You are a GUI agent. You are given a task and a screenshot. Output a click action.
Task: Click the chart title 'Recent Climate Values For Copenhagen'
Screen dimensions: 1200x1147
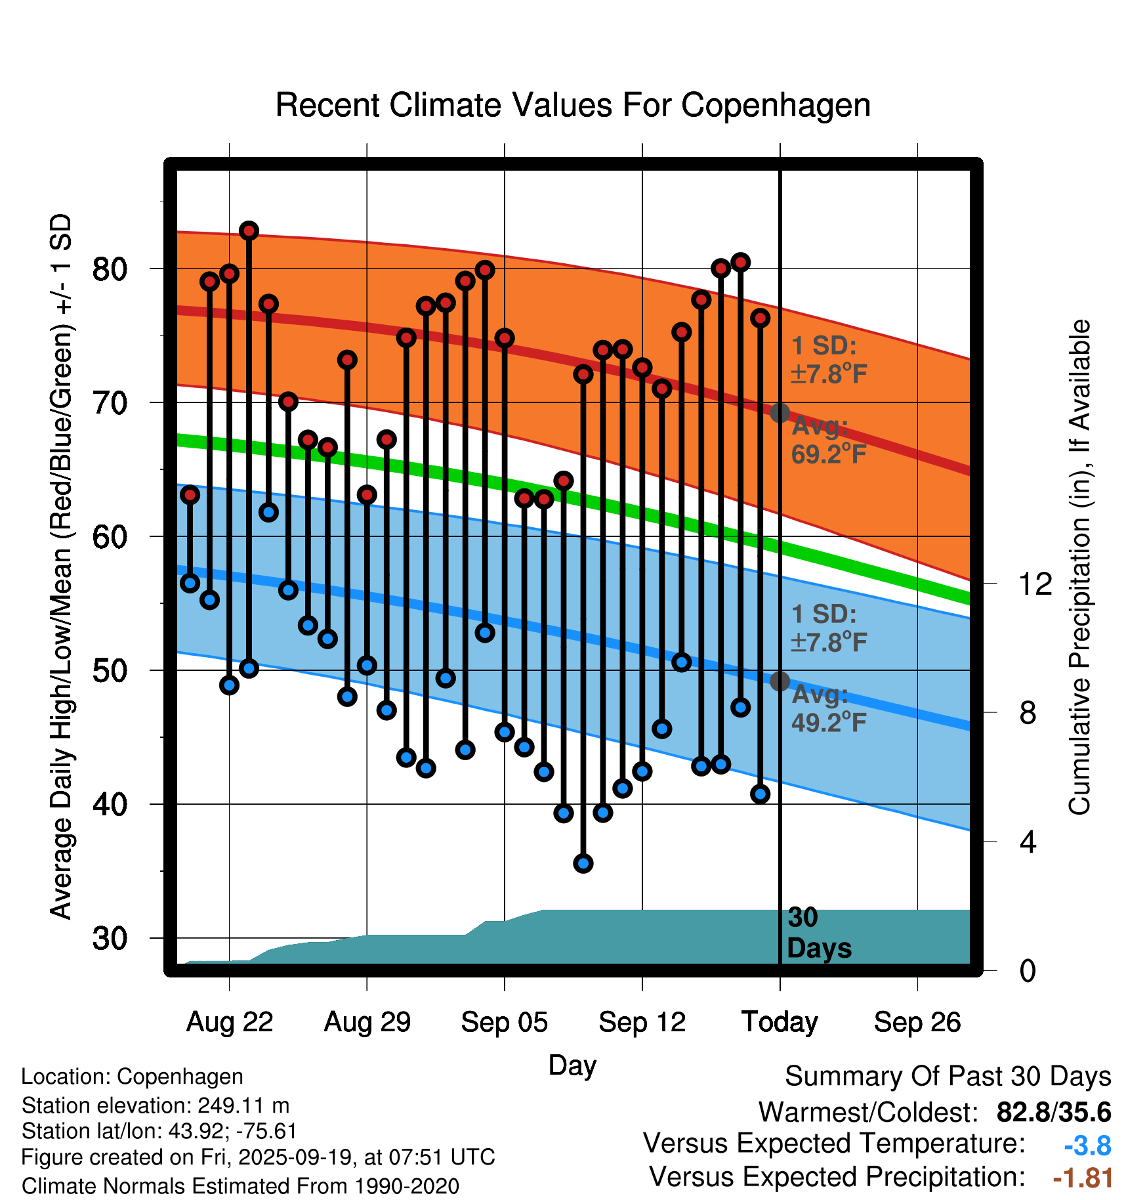pos(573,106)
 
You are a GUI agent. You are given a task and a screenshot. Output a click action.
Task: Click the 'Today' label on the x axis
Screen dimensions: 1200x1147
pos(780,1022)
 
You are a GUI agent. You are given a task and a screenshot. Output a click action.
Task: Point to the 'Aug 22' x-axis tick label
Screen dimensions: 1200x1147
pos(229,1022)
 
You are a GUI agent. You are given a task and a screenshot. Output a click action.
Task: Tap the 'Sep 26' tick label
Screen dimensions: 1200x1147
pos(917,1022)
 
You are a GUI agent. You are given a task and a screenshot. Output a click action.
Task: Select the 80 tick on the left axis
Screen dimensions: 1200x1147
pos(110,269)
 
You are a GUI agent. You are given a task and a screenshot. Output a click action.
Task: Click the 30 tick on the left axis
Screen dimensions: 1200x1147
pos(110,939)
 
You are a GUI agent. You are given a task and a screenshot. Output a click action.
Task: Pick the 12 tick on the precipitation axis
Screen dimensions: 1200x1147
pos(1035,584)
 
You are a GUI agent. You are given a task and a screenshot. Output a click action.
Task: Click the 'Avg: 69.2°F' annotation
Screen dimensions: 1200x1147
pos(828,440)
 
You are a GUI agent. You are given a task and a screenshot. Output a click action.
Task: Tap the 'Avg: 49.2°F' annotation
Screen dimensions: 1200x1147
pos(828,709)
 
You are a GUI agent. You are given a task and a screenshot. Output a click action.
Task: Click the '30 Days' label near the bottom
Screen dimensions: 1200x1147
pos(818,933)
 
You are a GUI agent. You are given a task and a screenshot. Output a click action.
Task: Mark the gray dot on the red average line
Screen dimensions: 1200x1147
pos(780,413)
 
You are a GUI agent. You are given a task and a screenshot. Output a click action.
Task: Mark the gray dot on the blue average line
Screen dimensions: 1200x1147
pos(780,681)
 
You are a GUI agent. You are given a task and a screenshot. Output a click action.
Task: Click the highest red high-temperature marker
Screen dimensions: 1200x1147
pos(249,230)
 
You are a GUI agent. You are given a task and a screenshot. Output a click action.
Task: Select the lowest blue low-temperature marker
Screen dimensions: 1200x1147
pos(583,863)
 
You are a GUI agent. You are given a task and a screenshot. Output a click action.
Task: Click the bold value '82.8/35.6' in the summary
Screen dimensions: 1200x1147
pos(1053,1113)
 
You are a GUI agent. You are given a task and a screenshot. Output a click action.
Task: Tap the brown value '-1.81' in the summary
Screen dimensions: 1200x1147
pos(1083,1178)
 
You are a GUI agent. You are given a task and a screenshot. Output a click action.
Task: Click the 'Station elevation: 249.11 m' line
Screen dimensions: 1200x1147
pos(156,1105)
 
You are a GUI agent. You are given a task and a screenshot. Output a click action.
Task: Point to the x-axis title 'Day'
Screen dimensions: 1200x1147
pos(572,1065)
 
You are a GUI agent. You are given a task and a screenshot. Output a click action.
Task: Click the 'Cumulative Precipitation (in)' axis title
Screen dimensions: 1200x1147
pos(1079,567)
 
